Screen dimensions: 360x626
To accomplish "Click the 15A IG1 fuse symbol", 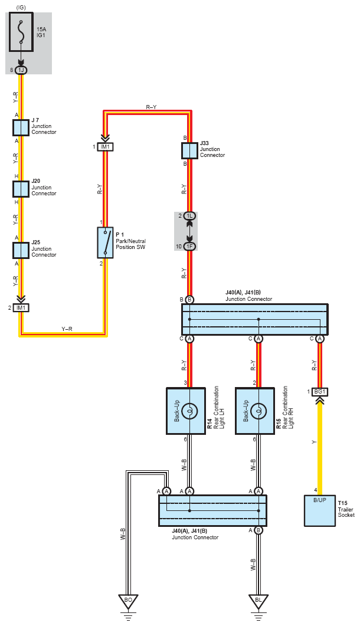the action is pyautogui.click(x=21, y=32).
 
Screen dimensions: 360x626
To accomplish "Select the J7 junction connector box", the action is pyautogui.click(x=21, y=128).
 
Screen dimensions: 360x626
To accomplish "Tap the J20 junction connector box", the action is pyautogui.click(x=21, y=189).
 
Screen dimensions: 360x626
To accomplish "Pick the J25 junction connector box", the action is pyautogui.click(x=21, y=250).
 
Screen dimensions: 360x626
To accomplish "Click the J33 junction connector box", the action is pyautogui.click(x=190, y=151).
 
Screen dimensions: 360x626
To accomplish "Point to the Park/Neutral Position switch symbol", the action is pyautogui.click(x=105, y=242).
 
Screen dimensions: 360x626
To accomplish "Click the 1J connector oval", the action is pyautogui.click(x=21, y=70).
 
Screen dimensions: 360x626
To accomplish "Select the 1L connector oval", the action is pyautogui.click(x=190, y=216).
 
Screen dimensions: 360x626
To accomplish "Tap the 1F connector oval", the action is pyautogui.click(x=190, y=246).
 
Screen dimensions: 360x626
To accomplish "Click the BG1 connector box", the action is pyautogui.click(x=320, y=392).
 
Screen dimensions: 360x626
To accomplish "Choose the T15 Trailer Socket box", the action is pyautogui.click(x=320, y=510).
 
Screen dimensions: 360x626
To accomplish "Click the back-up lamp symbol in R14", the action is pyautogui.click(x=190, y=411).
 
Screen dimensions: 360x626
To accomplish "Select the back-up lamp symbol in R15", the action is pyautogui.click(x=258, y=411).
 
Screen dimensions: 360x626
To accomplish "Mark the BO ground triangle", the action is pyautogui.click(x=128, y=600).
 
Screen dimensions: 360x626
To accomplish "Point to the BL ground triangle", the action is pyautogui.click(x=258, y=600).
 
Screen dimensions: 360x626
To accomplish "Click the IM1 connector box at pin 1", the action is pyautogui.click(x=105, y=147).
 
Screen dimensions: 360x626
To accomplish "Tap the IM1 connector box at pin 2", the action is pyautogui.click(x=21, y=308).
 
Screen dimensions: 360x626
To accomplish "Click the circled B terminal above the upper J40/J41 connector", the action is pyautogui.click(x=190, y=300).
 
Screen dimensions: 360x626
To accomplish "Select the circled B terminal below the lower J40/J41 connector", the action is pyautogui.click(x=258, y=530).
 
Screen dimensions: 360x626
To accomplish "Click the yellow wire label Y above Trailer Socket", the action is pyautogui.click(x=314, y=442).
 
